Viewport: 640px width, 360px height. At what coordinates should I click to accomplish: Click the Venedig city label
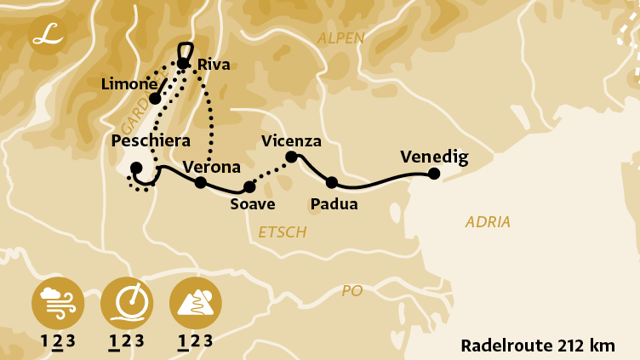tap(434, 157)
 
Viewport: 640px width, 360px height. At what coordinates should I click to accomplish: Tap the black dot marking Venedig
tap(434, 174)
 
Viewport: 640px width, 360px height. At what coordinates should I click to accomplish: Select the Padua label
tap(334, 204)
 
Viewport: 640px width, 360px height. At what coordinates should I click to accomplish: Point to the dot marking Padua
tap(332, 182)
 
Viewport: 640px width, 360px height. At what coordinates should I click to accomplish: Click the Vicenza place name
tap(292, 141)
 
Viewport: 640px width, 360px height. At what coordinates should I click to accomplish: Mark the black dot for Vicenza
tap(291, 157)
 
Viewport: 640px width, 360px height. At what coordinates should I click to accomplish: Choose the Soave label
tap(253, 204)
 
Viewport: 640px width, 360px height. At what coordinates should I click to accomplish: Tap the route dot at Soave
tap(249, 186)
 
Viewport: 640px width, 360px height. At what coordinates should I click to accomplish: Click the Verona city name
tap(212, 167)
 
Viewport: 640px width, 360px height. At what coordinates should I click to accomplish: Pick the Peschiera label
tap(151, 141)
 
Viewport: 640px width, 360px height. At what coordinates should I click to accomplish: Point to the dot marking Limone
tap(155, 99)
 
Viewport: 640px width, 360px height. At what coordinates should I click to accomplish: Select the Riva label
tap(214, 65)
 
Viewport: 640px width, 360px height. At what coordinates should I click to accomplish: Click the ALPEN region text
tap(340, 38)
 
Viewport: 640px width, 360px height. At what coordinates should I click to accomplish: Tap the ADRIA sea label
tap(488, 222)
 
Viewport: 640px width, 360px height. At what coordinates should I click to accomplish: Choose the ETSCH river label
tap(282, 232)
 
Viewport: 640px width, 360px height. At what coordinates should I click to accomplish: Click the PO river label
tap(351, 291)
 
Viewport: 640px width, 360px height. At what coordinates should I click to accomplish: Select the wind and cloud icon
tap(56, 303)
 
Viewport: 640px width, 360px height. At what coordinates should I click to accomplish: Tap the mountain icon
tap(196, 303)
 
